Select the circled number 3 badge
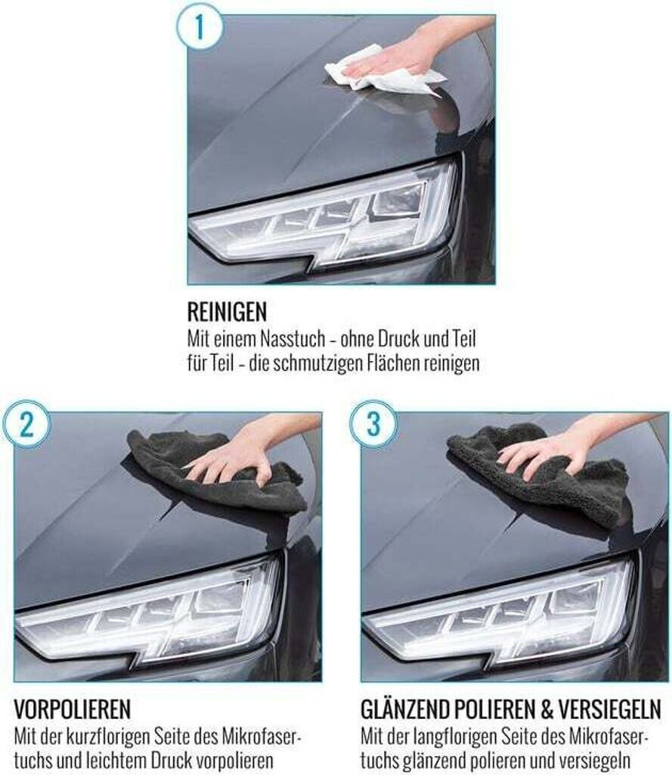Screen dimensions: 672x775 pos(373,424)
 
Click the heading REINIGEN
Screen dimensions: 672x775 pos(227,313)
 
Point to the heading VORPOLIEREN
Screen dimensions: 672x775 pos(73,710)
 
